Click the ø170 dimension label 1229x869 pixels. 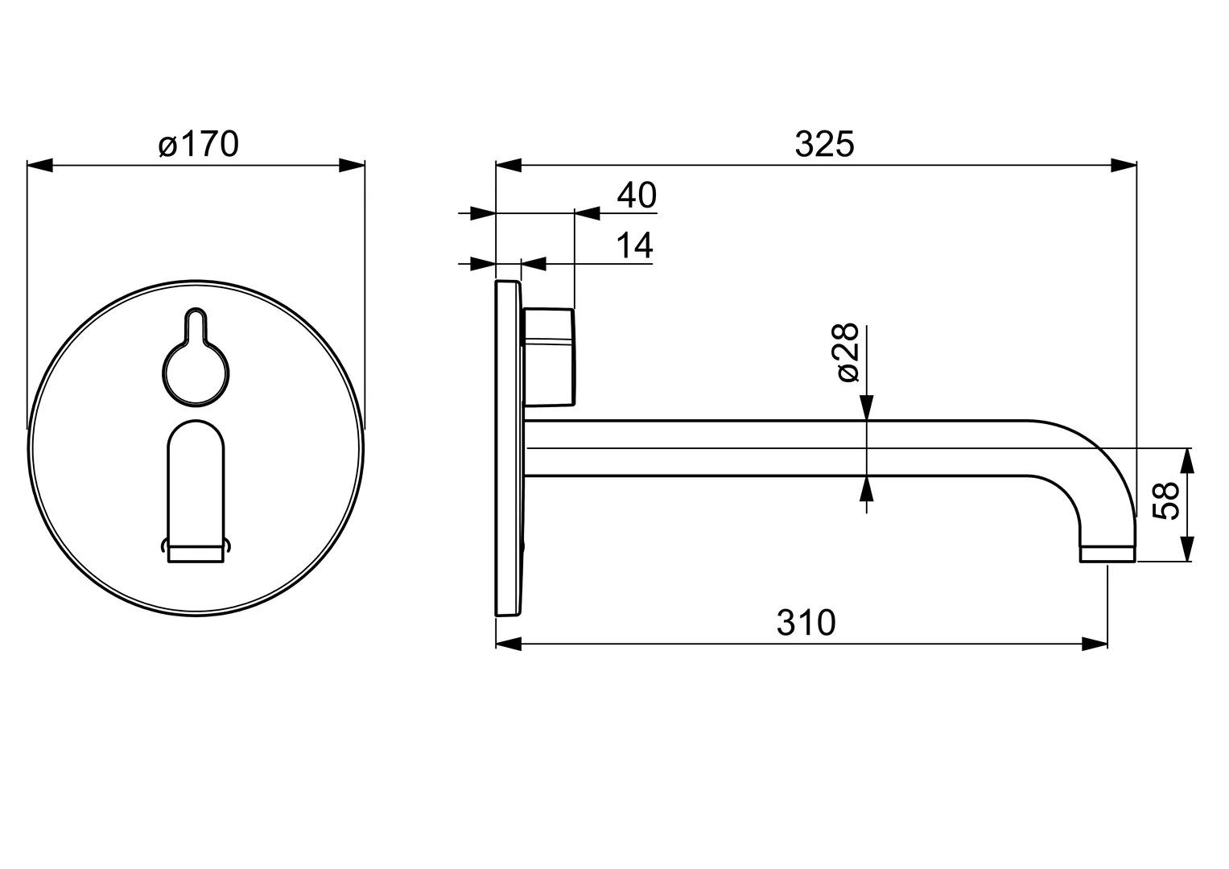pyautogui.click(x=198, y=146)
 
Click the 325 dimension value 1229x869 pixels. pyautogui.click(x=823, y=145)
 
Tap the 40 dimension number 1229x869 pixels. pyautogui.click(x=637, y=196)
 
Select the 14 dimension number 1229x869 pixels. pyautogui.click(x=635, y=245)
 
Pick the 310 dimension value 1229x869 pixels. pyautogui.click(x=806, y=623)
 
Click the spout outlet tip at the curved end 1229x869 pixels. pyautogui.click(x=1107, y=554)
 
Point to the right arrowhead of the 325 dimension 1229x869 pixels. pyautogui.click(x=1124, y=166)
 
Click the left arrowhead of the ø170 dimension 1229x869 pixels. pyautogui.click(x=40, y=166)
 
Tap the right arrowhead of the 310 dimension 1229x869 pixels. pyautogui.click(x=1095, y=644)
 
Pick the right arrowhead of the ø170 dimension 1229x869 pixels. pyautogui.click(x=352, y=166)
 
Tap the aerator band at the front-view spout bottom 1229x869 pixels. pyautogui.click(x=196, y=553)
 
